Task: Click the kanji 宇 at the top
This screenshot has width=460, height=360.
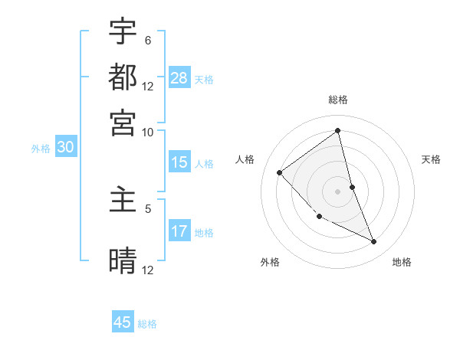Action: point(123,31)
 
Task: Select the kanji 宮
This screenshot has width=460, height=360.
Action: point(123,122)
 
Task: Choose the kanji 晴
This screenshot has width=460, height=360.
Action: point(123,260)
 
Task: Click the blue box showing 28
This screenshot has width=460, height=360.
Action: point(179,78)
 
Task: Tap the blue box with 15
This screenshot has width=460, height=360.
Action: point(179,162)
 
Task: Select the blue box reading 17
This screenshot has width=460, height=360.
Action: point(179,231)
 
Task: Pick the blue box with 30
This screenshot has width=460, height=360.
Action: point(64,148)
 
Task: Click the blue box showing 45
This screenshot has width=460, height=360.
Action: point(123,322)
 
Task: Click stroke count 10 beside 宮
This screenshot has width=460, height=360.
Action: point(148,132)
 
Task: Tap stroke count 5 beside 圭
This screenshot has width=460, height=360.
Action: point(148,208)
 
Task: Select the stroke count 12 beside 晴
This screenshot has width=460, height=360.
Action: point(148,270)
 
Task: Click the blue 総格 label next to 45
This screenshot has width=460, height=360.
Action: point(147,324)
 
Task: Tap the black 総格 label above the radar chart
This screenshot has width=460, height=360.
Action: point(338,100)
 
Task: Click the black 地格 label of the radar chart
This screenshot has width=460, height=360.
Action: point(402,262)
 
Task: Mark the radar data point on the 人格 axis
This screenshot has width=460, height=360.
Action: point(280,172)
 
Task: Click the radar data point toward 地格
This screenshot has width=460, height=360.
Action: point(374,242)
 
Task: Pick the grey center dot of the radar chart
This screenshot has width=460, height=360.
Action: point(338,191)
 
